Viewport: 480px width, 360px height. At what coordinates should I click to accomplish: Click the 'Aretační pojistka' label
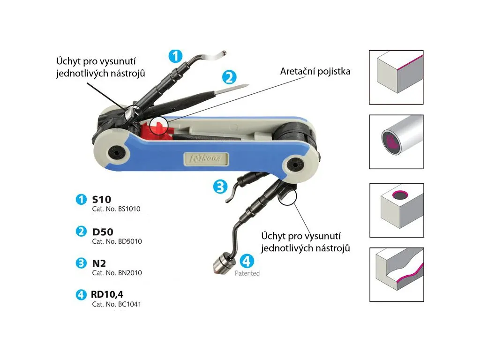click(x=315, y=72)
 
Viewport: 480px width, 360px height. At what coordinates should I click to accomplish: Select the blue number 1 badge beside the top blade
click(x=175, y=56)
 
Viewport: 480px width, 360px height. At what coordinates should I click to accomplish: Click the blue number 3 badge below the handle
click(x=220, y=187)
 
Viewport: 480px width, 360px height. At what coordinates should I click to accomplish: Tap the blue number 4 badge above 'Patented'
click(x=247, y=261)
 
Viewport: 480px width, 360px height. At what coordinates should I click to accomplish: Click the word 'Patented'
click(x=247, y=273)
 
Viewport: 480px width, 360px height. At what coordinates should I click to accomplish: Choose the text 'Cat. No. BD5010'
click(x=117, y=241)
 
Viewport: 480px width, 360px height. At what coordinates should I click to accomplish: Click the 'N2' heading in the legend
click(x=99, y=263)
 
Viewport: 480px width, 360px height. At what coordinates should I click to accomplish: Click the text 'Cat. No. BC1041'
click(x=117, y=304)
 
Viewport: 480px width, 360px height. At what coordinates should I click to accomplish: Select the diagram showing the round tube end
click(x=396, y=141)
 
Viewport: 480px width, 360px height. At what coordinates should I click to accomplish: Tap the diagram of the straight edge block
click(x=396, y=77)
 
